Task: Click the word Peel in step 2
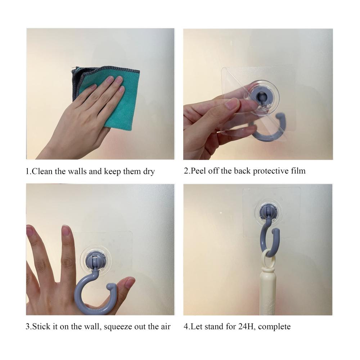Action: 198,171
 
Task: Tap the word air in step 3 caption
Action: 165,327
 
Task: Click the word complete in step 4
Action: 274,327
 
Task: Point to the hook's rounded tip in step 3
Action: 112,286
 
